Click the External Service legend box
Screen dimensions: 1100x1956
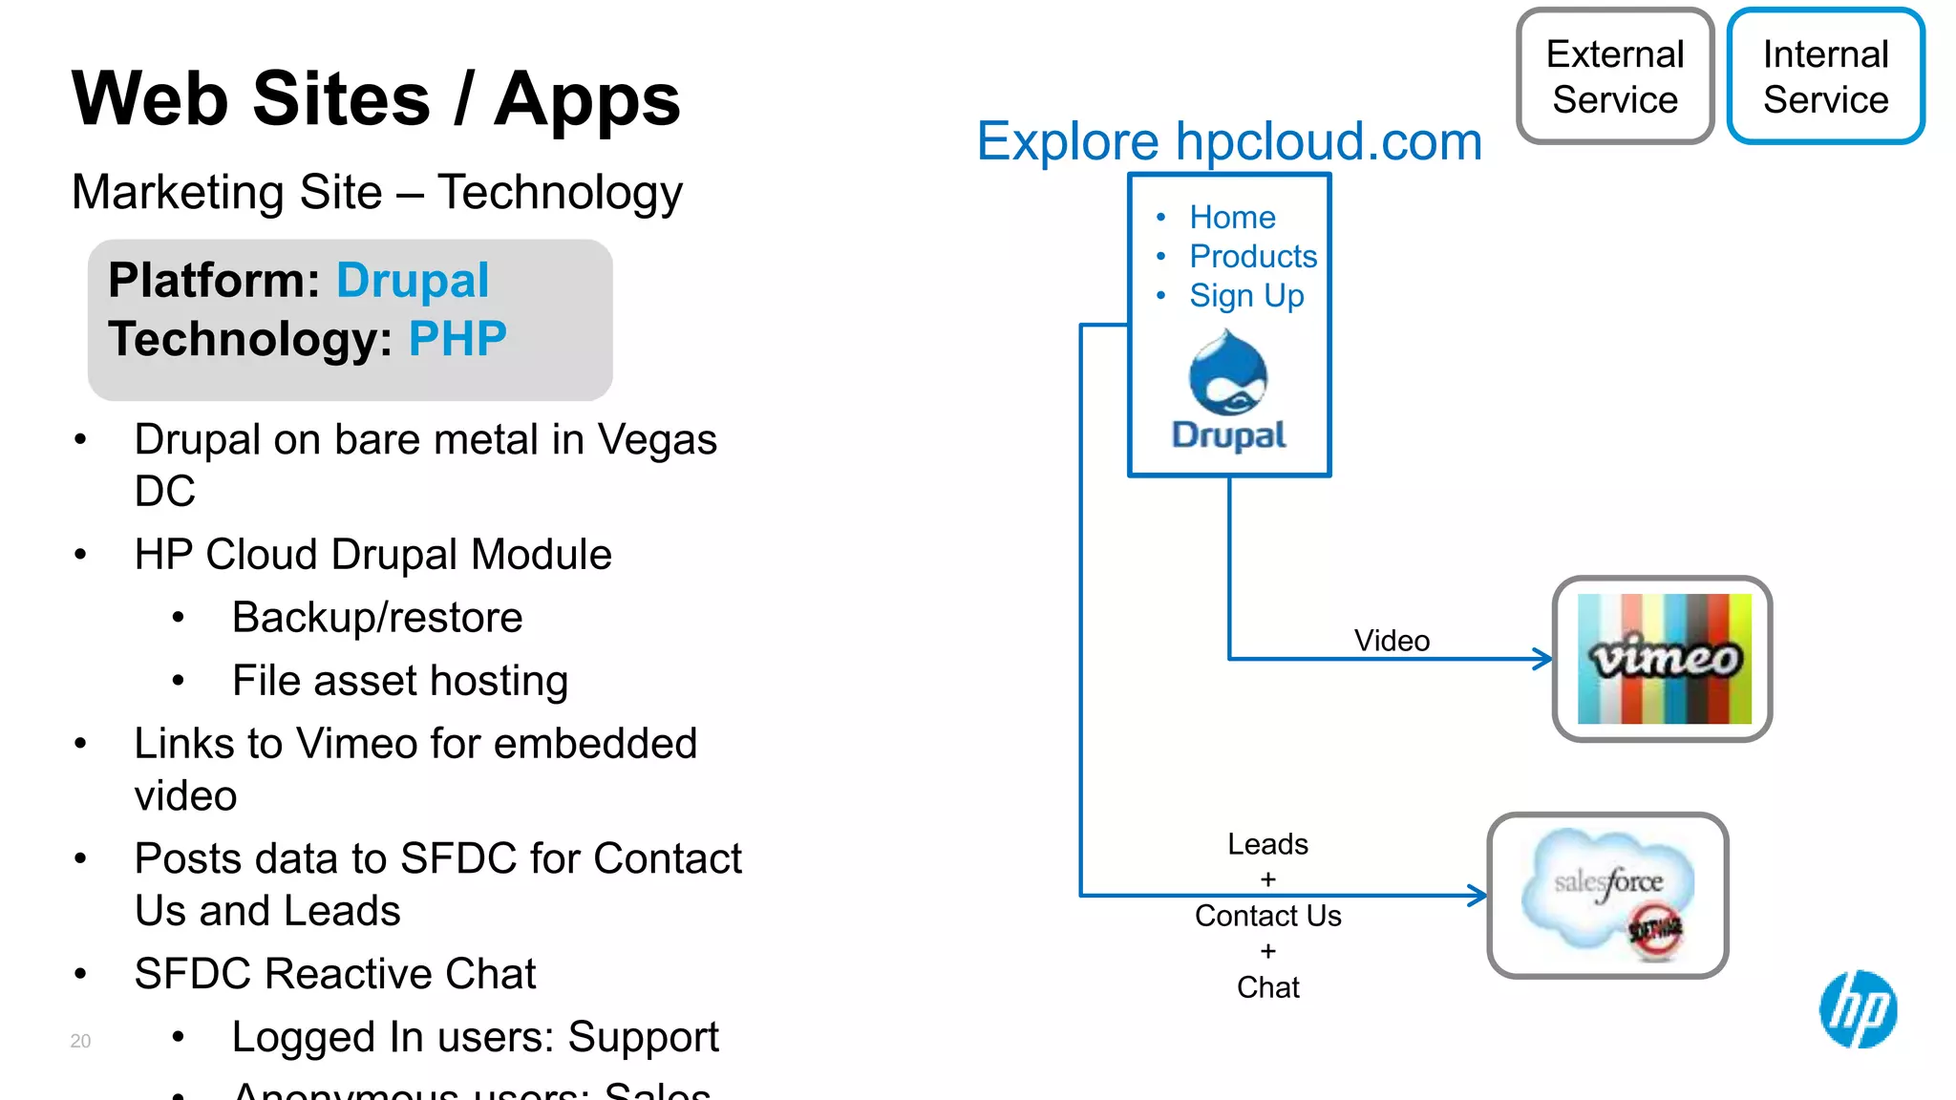tap(1615, 76)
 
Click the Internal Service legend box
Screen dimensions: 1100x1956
tap(1825, 76)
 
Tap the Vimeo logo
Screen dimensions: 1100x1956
tap(1664, 659)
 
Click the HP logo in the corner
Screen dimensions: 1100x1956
tap(1858, 1009)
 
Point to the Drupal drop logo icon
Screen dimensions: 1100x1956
tap(1228, 373)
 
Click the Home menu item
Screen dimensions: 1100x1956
tap(1232, 218)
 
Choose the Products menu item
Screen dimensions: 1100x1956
tap(1253, 257)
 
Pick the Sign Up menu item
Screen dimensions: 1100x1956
tap(1246, 296)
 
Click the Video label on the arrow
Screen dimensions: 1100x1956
tap(1392, 641)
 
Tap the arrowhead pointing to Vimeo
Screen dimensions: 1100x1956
tap(1542, 659)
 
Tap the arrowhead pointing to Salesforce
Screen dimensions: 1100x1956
tap(1478, 896)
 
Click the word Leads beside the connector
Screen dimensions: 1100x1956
tap(1267, 844)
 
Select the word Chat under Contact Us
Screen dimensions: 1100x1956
tap(1267, 987)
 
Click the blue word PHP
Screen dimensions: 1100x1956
tap(457, 339)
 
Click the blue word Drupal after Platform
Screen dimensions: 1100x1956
tap(413, 281)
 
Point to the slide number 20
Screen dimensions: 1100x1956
tap(80, 1041)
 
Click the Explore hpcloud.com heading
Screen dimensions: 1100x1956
tap(1229, 141)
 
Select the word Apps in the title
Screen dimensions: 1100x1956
tap(586, 100)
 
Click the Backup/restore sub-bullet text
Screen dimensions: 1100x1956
tap(377, 618)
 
